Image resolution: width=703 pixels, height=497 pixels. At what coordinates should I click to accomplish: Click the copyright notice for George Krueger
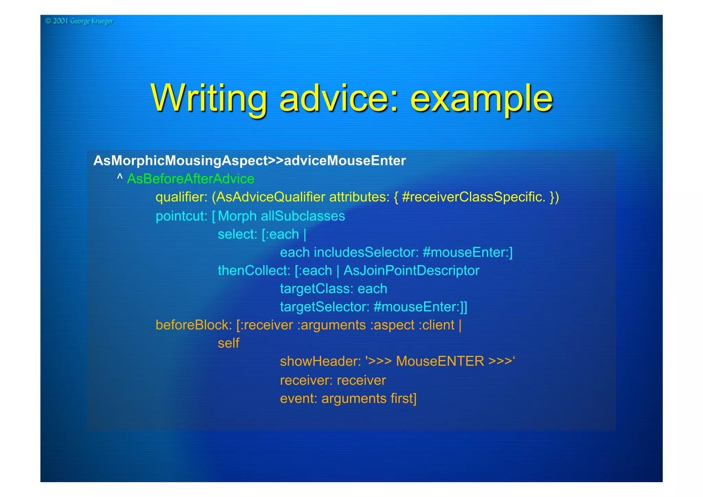(x=79, y=21)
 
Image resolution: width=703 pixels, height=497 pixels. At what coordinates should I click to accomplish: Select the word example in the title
(x=481, y=99)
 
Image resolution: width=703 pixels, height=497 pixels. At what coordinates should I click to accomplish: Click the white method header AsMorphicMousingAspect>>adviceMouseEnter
(x=250, y=161)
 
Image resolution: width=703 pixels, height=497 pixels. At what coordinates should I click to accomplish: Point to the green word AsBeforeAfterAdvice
(x=191, y=179)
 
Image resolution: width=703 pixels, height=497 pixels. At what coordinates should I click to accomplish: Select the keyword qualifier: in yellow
(x=181, y=197)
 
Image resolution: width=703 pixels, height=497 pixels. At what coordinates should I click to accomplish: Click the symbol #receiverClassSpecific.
(x=473, y=197)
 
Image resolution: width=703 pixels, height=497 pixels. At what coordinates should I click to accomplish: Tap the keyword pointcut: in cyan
(x=181, y=216)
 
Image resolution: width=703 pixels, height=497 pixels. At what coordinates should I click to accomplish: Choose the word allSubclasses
(x=303, y=216)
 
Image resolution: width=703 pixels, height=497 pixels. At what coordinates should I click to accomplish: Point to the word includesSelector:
(x=366, y=252)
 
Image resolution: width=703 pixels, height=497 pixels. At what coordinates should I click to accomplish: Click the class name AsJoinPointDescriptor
(x=411, y=271)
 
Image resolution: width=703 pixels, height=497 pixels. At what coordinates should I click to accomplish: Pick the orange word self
(x=228, y=343)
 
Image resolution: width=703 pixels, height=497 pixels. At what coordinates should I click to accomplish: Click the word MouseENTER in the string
(x=440, y=362)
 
